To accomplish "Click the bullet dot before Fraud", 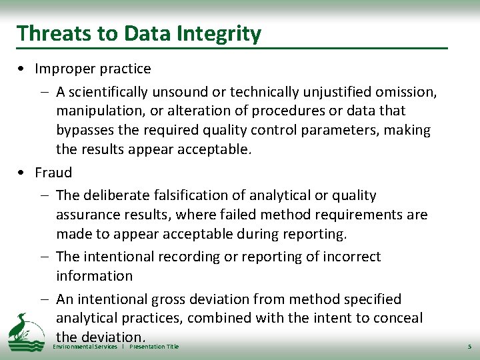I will pos(23,173).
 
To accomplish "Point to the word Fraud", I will pos(53,173).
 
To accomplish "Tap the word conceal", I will pos(397,318).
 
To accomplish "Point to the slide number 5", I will pos(469,347).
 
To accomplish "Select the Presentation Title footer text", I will pos(154,347).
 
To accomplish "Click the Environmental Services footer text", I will pos(85,347).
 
